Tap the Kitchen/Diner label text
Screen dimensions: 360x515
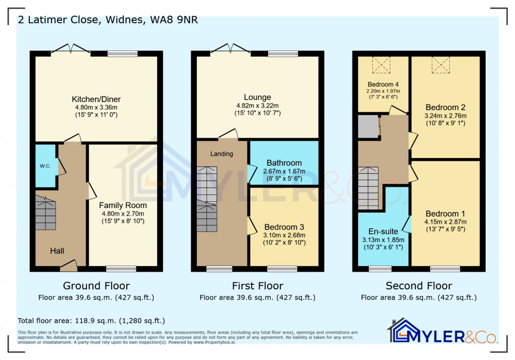tap(96, 99)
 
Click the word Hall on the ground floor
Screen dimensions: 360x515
tap(57, 250)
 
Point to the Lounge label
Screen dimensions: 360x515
tap(257, 97)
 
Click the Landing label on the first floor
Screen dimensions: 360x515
tap(222, 153)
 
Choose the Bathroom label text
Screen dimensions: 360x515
tap(284, 163)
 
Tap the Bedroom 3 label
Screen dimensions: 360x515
tap(284, 227)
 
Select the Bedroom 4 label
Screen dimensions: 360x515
tap(383, 84)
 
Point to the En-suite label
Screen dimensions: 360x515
tap(383, 231)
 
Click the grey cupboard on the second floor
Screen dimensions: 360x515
tap(368, 126)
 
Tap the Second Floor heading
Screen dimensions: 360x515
tap(419, 286)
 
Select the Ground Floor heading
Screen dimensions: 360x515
tap(96, 286)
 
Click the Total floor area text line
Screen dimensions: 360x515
tap(91, 321)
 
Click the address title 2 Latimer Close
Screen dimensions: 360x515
tap(108, 21)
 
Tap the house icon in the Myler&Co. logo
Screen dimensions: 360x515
tap(399, 331)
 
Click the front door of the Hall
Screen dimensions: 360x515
tap(68, 263)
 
